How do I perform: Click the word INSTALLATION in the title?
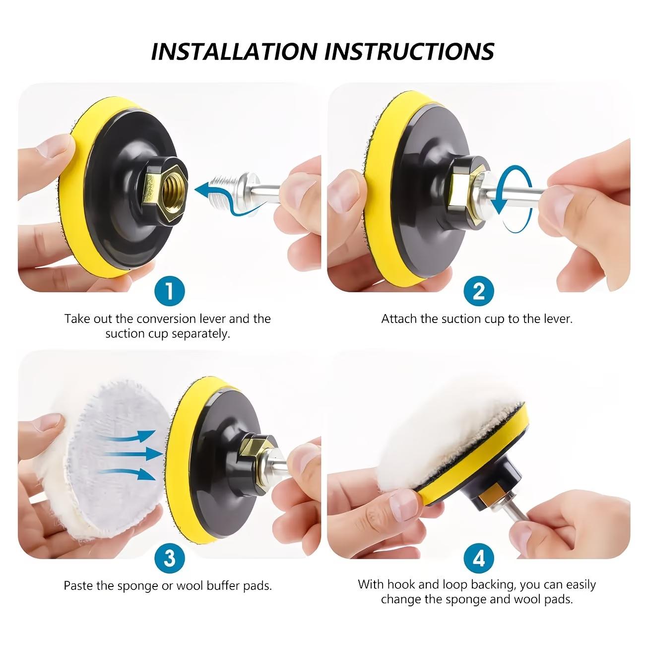point(234,51)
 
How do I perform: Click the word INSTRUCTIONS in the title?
point(410,51)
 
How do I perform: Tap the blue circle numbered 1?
point(169,291)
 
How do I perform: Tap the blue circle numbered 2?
point(478,291)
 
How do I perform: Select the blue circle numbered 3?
point(169,558)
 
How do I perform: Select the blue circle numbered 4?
point(478,558)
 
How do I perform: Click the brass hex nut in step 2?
point(459,190)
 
